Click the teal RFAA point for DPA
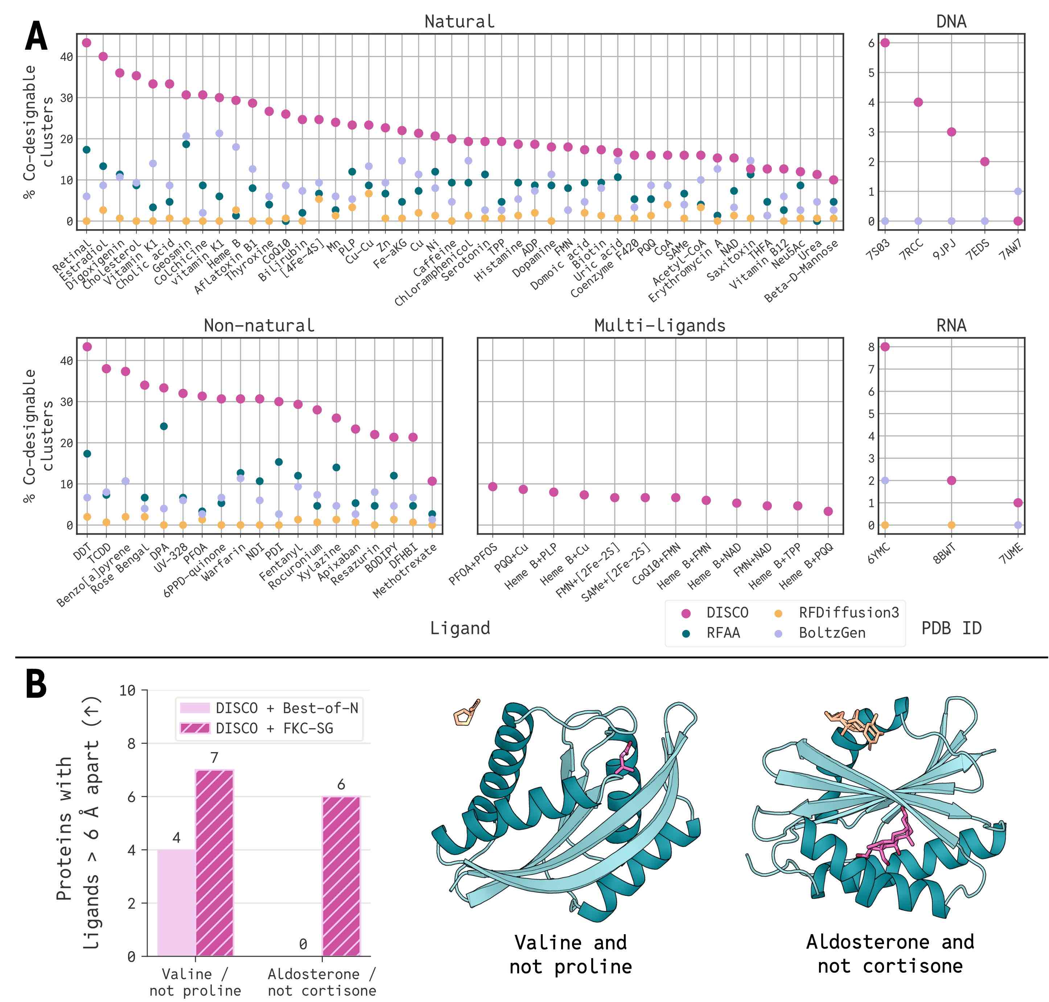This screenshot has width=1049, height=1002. tap(164, 426)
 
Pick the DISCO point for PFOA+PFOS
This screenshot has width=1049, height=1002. tap(493, 487)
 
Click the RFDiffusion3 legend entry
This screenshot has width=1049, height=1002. tap(848, 613)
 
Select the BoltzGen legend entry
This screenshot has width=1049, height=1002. tap(832, 633)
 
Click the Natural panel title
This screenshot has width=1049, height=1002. tap(459, 21)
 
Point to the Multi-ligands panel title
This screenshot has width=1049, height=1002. tap(660, 325)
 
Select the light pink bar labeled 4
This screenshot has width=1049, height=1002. tap(176, 903)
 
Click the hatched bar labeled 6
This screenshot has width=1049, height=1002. tap(341, 876)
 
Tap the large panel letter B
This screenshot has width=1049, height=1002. tap(36, 685)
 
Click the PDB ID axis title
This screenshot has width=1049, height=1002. tap(951, 628)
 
